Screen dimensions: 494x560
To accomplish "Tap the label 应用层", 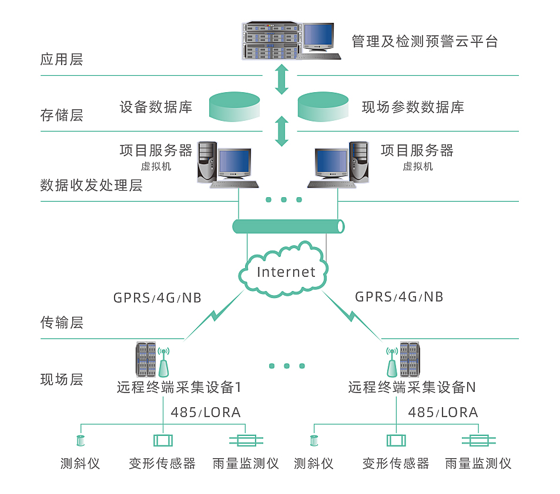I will pos(61,60).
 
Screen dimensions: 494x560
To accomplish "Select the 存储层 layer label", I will pos(61,115).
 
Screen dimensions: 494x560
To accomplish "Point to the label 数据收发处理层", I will pos(91,186).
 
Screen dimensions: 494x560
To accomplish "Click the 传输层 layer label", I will pos(61,323).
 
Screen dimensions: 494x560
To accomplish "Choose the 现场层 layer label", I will pos(61,380).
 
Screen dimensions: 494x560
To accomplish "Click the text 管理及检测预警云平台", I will pos(424,42).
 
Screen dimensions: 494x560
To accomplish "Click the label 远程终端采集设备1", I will pos(179,388).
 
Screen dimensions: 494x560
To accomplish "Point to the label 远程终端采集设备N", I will pos(411,388).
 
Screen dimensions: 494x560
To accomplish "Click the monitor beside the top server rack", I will pos(318,39).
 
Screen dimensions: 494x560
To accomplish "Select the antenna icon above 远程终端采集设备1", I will pos(164,361).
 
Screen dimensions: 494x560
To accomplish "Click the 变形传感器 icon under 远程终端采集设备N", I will pos(395,441).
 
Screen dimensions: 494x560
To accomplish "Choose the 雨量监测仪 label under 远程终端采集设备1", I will pos(245,463).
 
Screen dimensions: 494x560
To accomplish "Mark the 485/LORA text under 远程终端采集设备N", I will pos(442,412).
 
